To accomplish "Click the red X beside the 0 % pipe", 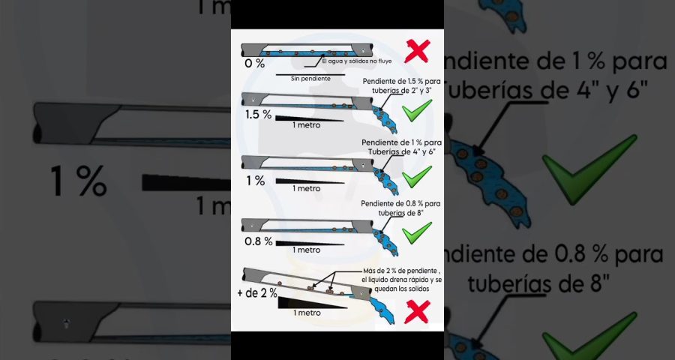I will click(415, 52).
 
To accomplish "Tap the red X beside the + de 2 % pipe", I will click(415, 311).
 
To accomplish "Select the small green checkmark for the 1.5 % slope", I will click(415, 113).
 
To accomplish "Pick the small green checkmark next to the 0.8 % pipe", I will click(415, 233).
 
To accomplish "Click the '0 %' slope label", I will click(255, 64).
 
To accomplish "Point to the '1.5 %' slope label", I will click(258, 115).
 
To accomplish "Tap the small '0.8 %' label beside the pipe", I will click(259, 241).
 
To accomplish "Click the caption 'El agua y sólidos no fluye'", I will click(352, 61).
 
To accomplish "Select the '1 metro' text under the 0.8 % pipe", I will click(307, 250).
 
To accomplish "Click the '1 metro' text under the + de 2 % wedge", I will click(307, 313).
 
